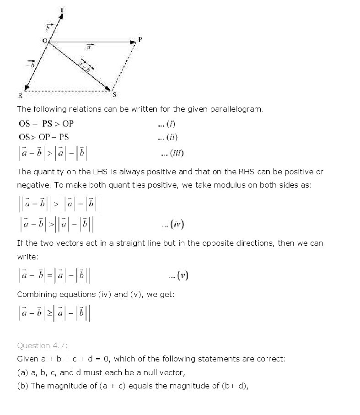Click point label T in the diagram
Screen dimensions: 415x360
(62, 9)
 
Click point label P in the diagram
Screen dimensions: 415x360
(140, 39)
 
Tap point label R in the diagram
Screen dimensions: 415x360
(20, 96)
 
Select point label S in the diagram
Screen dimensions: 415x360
(114, 95)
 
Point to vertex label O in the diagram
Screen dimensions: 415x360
(44, 41)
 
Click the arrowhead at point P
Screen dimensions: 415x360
(133, 43)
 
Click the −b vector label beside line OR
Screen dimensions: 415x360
(31, 65)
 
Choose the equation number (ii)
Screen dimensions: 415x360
(168, 137)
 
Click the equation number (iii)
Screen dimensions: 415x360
(172, 153)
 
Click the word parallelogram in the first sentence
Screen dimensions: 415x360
(235, 109)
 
